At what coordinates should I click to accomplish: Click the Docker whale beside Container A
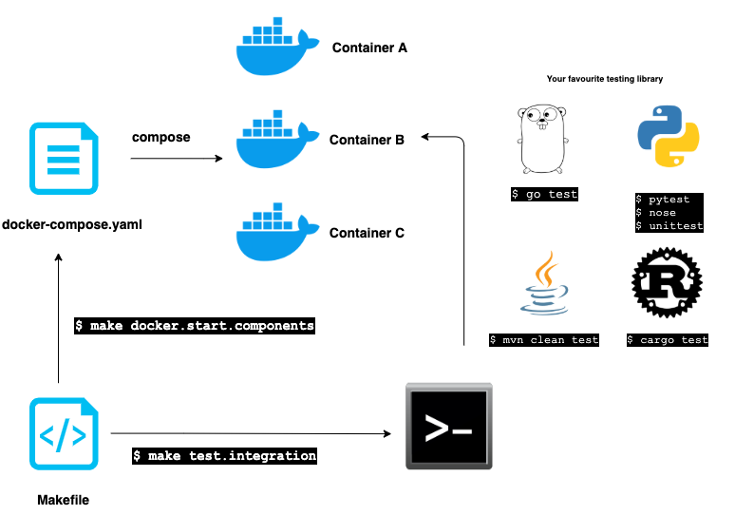pos(277,47)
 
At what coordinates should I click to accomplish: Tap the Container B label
pos(367,140)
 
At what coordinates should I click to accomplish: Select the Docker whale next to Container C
pos(277,232)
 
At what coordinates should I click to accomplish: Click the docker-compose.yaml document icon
pos(64,159)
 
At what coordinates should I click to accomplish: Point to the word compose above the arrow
pos(160,138)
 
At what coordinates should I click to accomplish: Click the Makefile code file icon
pos(64,434)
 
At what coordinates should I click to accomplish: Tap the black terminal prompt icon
pos(449,426)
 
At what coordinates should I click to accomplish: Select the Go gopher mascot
pos(543,139)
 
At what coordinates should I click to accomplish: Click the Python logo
pos(669,136)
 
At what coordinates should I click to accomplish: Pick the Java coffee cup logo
pos(544,283)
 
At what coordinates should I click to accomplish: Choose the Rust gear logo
pos(667,283)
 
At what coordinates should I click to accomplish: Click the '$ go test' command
pos(544,194)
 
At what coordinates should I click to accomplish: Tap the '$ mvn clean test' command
pos(544,340)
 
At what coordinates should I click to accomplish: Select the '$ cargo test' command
pos(668,340)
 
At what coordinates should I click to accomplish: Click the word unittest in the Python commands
pos(676,225)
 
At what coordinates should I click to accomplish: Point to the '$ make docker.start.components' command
pos(195,326)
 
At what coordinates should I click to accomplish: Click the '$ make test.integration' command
pos(224,455)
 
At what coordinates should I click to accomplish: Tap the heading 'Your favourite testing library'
pos(605,79)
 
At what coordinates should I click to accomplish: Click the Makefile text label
pos(64,500)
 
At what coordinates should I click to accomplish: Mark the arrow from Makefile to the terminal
pos(251,433)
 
